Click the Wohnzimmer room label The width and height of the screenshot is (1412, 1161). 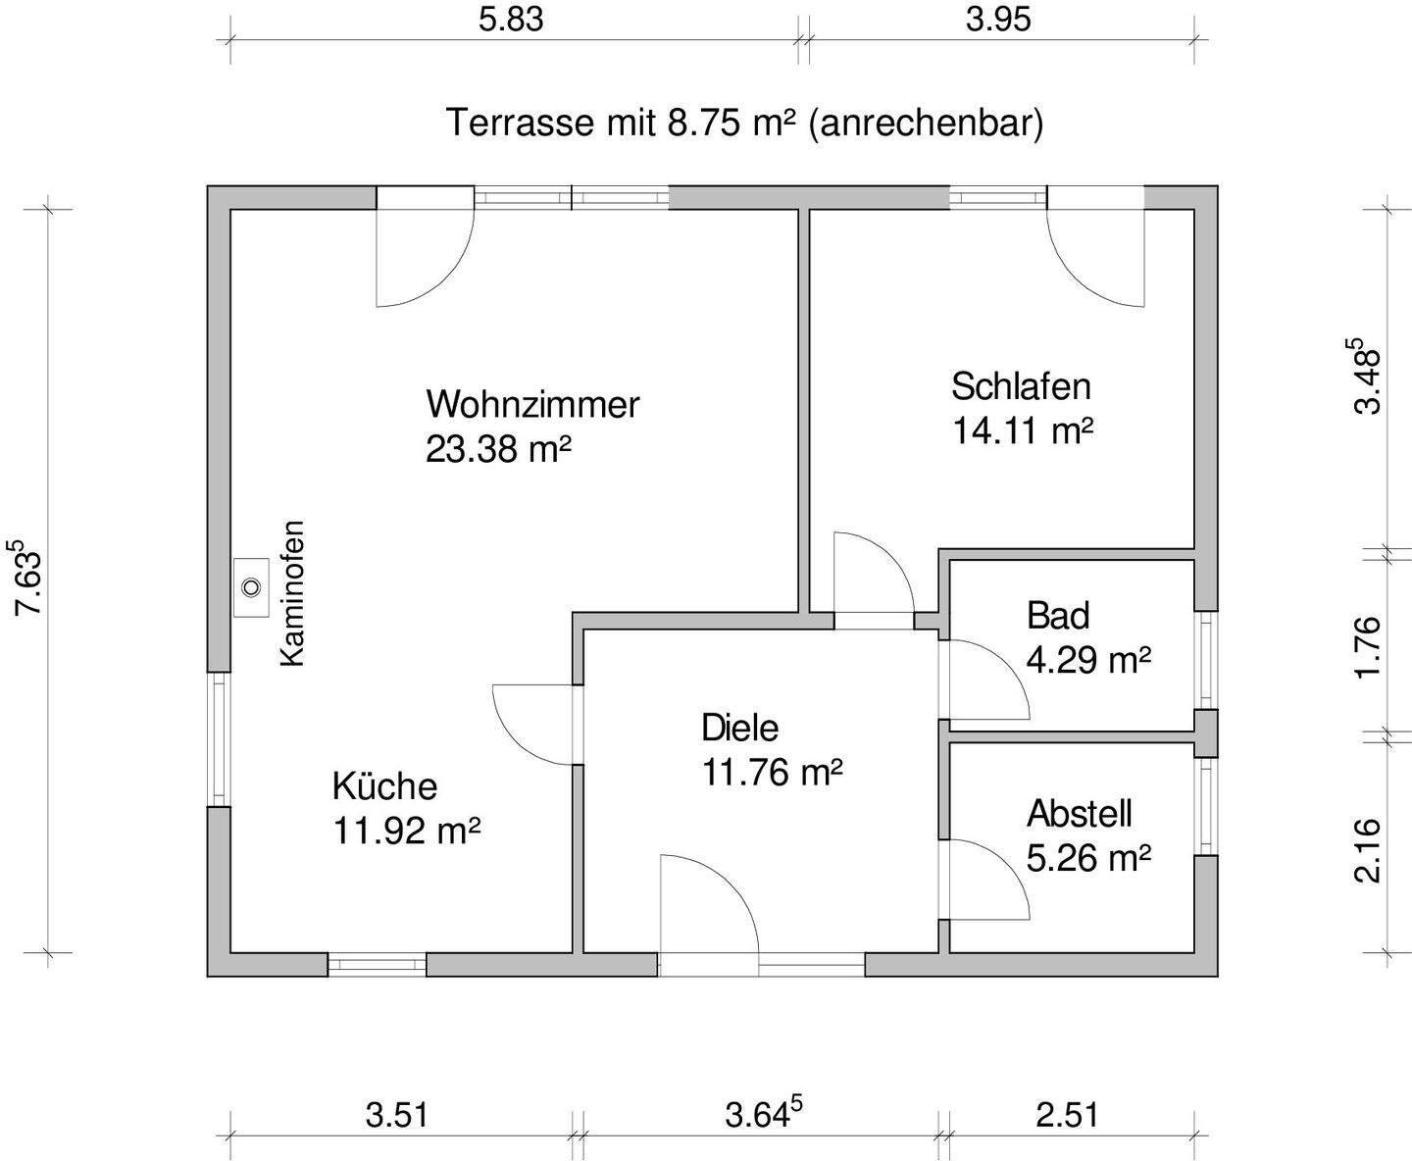(532, 404)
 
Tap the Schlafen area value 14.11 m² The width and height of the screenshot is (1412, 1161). (1023, 430)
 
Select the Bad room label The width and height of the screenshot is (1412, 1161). (1058, 616)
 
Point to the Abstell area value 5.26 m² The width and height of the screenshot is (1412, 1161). (1088, 859)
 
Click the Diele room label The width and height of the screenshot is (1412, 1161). (739, 728)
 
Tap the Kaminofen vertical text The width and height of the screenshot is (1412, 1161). (292, 593)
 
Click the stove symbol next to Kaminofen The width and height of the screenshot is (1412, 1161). (251, 587)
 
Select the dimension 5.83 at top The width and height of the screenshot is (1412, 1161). (511, 20)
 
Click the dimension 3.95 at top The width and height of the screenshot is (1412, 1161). (998, 20)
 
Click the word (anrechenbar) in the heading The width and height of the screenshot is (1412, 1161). (926, 125)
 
